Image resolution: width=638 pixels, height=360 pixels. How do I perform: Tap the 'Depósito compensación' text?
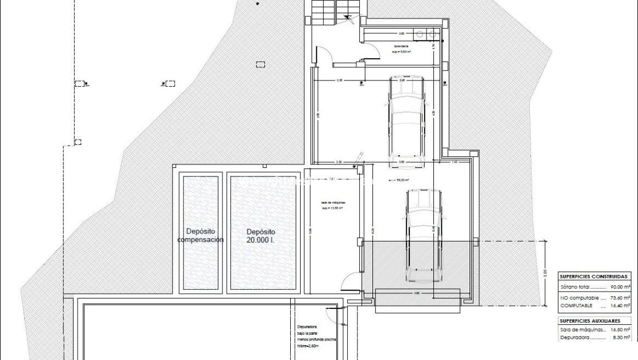[200, 236]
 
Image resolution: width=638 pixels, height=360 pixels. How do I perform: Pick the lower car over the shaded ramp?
[424, 236]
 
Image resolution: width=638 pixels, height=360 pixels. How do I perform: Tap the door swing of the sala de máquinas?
[348, 282]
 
